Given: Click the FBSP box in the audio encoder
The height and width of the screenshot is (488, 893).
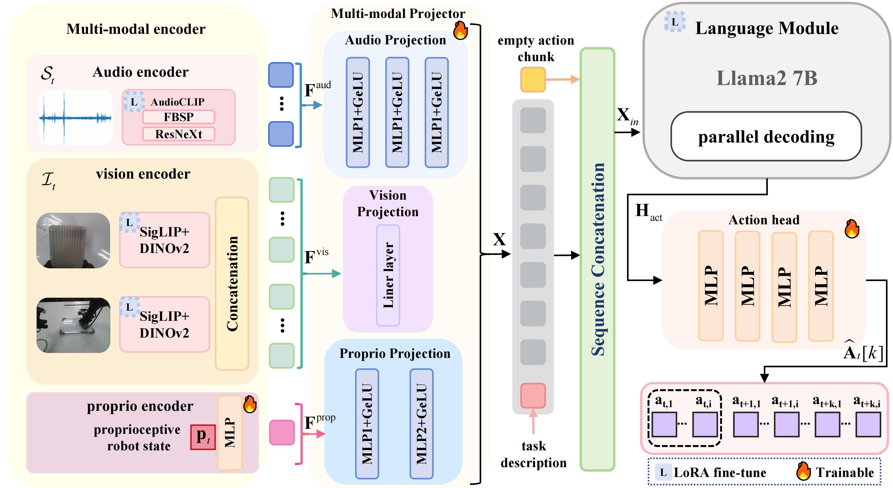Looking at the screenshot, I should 178,117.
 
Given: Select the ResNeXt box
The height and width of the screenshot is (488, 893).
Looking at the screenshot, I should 178,134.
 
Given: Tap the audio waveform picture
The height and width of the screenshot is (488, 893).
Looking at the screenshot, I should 76,117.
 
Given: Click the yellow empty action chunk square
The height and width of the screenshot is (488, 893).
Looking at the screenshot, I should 533,80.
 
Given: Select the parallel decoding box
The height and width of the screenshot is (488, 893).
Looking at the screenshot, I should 766,136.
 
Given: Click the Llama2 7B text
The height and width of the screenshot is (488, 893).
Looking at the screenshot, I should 767,78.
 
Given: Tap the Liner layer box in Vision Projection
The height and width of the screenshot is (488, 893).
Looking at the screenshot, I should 388,275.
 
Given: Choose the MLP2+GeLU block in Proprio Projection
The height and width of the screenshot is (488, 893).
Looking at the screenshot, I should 421,424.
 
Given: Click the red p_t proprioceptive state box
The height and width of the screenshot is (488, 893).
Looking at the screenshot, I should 203,437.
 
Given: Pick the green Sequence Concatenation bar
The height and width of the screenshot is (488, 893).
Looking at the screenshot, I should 597,259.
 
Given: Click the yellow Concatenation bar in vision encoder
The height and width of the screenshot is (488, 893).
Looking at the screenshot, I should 232,283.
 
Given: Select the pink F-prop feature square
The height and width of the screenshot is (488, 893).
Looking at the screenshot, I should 282,433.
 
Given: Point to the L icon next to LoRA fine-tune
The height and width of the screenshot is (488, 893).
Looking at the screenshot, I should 663,472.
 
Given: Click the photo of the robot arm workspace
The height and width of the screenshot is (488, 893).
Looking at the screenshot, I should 74,325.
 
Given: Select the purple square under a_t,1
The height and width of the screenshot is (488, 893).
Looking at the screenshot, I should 664,424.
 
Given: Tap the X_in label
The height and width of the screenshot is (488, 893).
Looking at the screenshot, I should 627,116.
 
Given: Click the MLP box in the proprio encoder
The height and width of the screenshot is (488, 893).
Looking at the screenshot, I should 229,433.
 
